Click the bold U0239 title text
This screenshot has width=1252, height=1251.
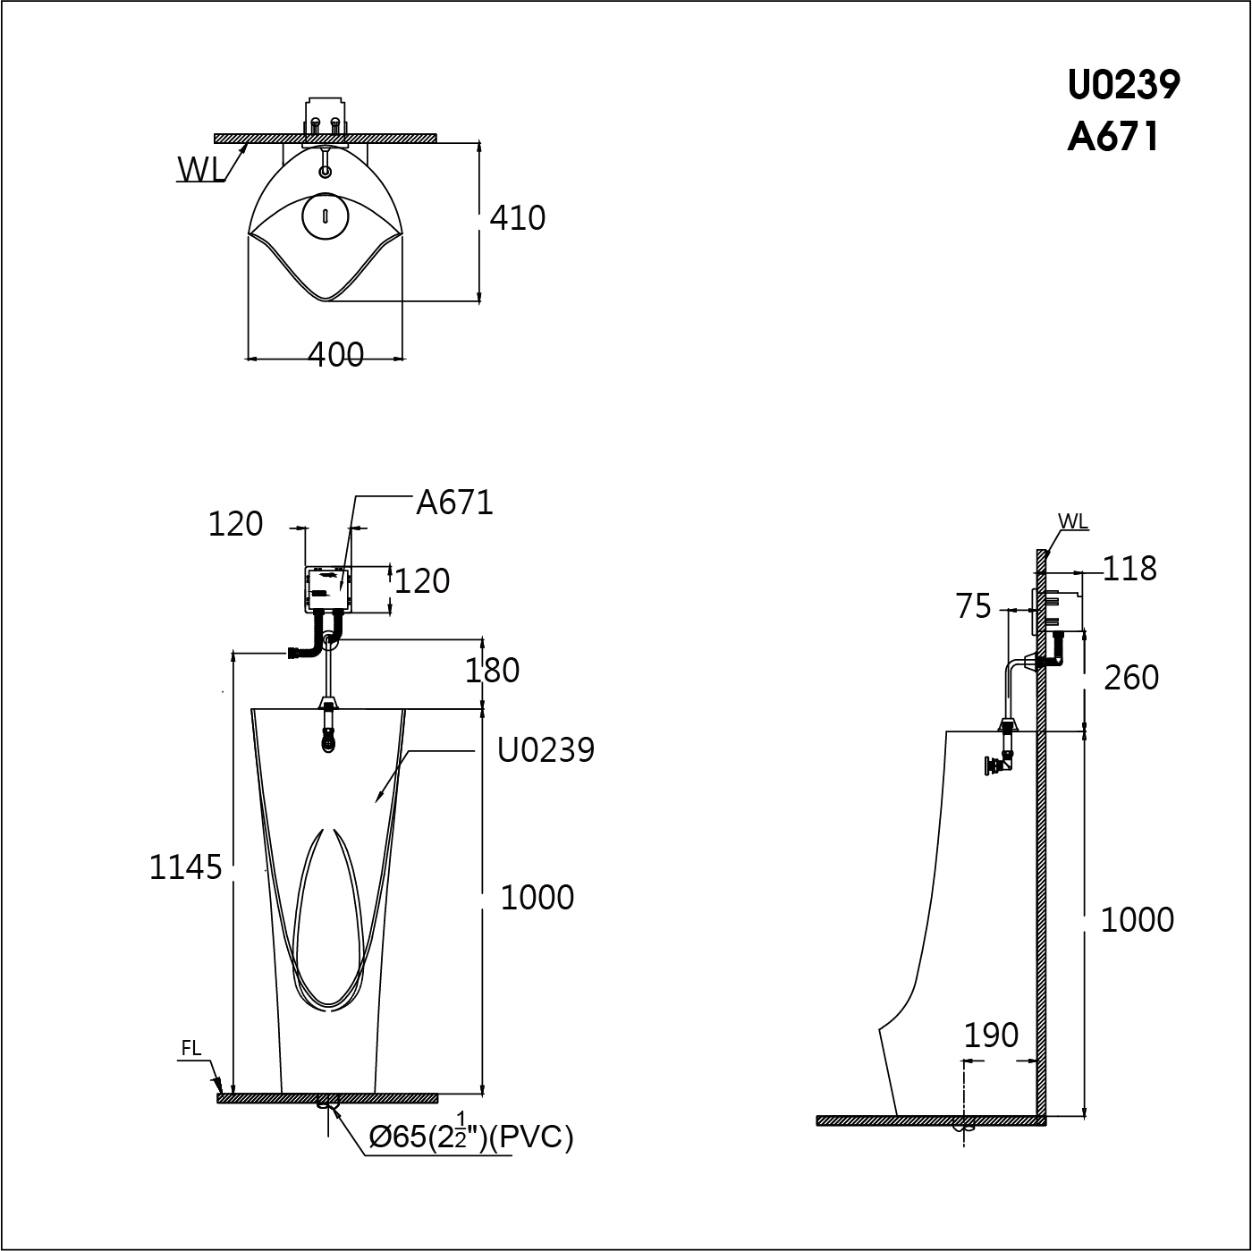coord(1123,84)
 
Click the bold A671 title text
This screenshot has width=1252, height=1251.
coord(1113,138)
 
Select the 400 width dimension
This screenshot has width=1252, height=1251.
coord(335,355)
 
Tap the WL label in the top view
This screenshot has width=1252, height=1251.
coord(200,170)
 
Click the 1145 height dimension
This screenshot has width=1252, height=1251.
coord(186,867)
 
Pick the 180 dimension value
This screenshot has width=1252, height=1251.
coord(492,671)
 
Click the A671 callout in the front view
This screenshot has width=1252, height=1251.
coord(455,503)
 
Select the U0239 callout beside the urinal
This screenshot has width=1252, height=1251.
coord(546,750)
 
